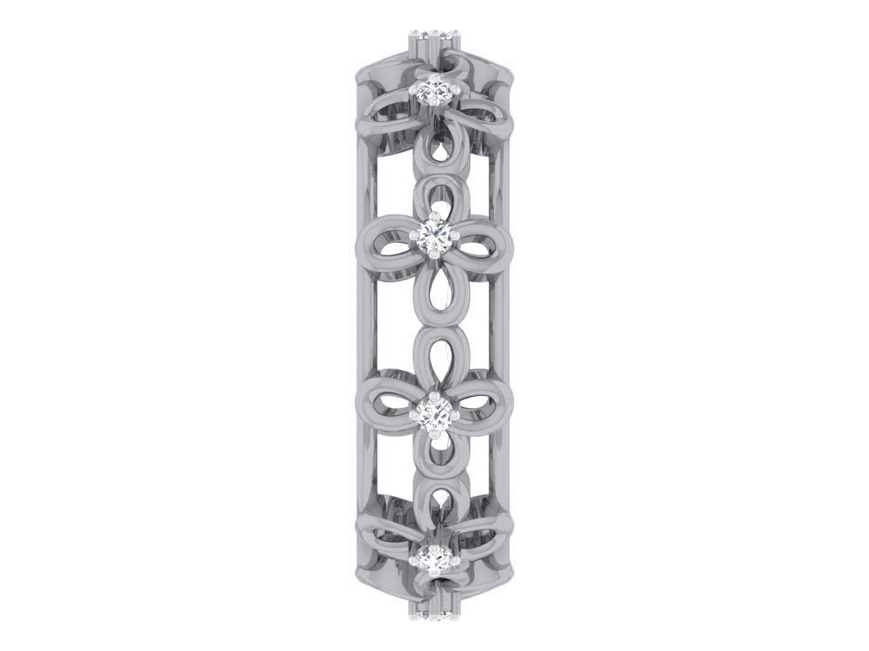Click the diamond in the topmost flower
434,94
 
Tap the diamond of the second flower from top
434,236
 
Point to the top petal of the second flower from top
434,196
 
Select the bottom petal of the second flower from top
434,285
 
